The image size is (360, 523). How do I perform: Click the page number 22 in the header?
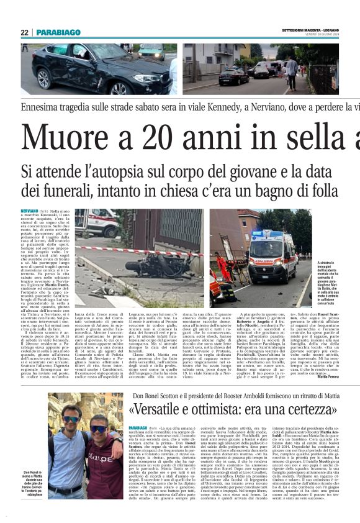coord(24,32)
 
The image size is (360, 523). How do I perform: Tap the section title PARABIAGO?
coord(59,32)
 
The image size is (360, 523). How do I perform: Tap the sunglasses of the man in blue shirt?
coord(70,419)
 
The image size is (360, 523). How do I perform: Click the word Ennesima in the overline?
coord(41,107)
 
